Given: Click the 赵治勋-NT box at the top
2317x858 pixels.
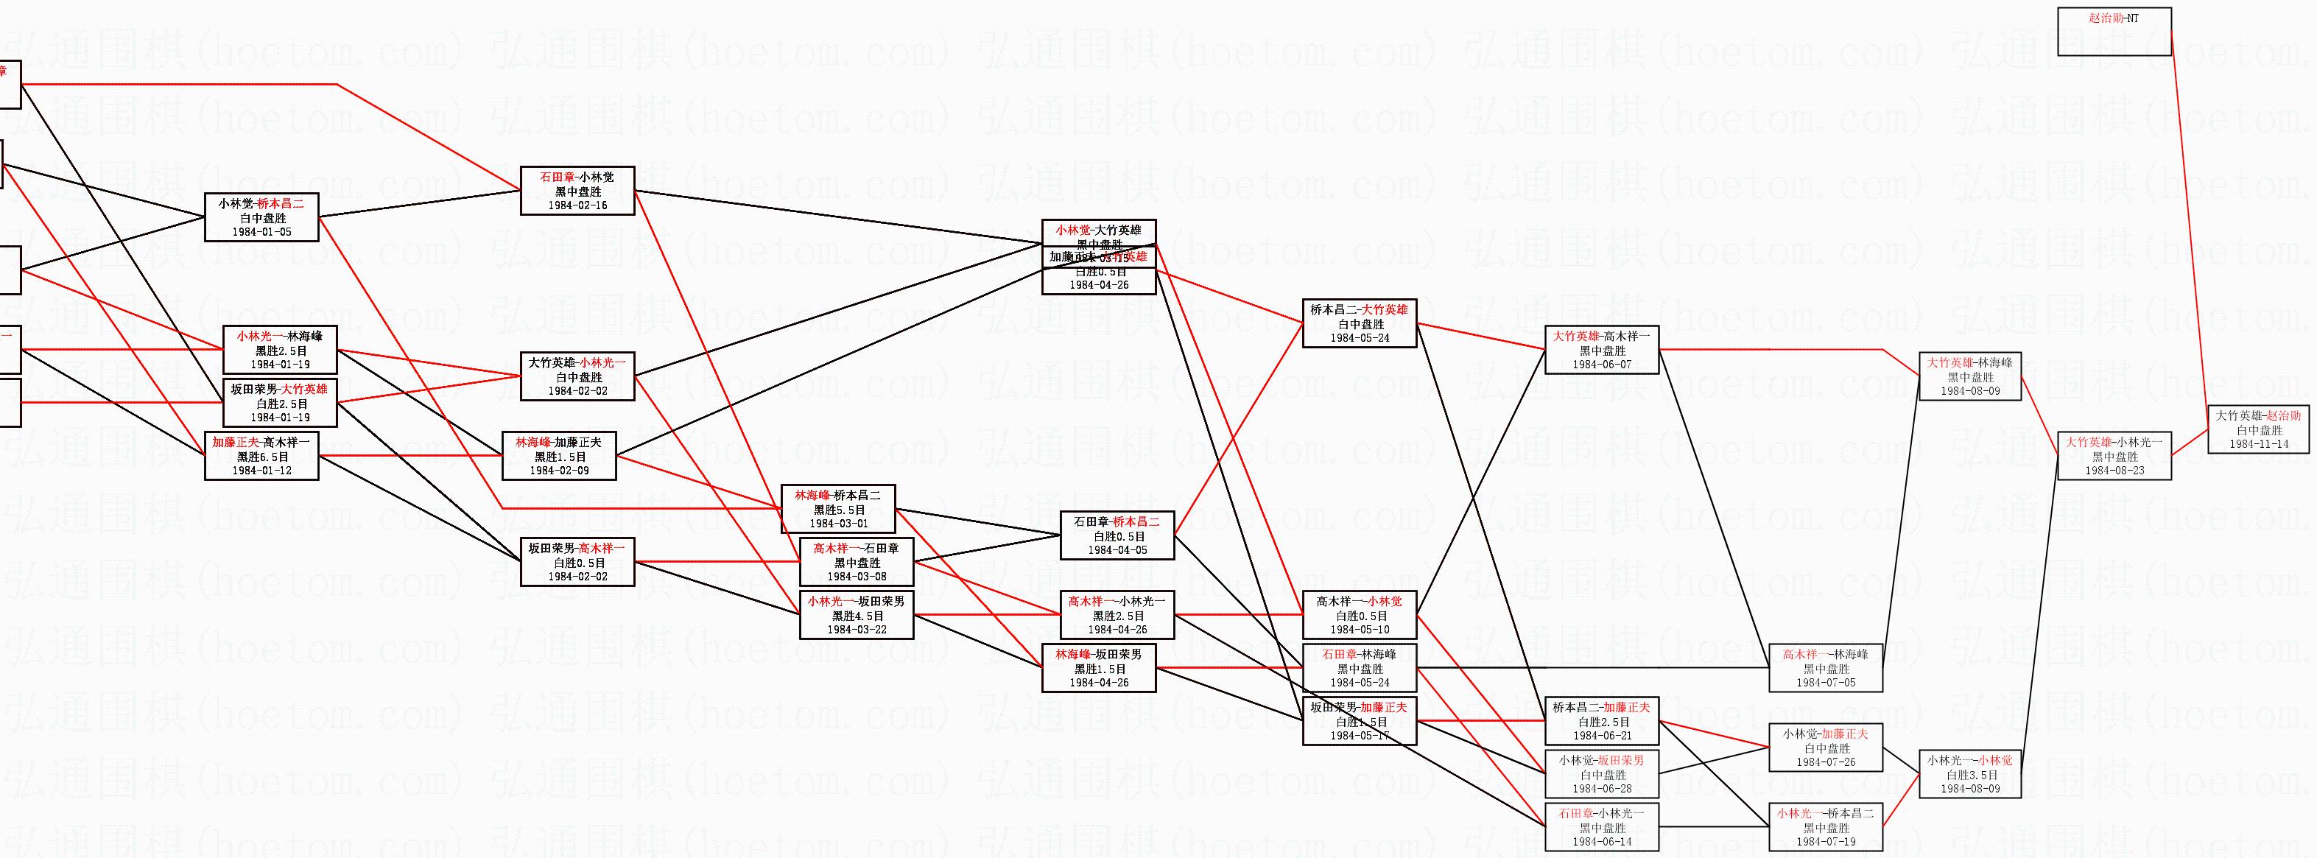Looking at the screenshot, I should coord(2114,32).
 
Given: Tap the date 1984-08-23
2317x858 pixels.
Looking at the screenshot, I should coord(2114,471).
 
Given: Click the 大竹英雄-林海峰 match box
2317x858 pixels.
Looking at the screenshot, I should coord(1970,376).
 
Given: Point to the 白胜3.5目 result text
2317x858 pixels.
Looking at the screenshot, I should coord(1970,774).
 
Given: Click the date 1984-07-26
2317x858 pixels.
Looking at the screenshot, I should coord(1825,762).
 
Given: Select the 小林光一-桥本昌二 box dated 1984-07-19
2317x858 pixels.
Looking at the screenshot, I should coord(1825,826).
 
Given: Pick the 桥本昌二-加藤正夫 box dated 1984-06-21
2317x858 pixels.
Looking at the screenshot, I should coord(1601,721).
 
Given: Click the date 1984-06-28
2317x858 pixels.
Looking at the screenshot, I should coord(1601,789).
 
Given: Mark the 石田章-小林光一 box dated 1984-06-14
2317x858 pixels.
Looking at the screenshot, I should coord(1601,826).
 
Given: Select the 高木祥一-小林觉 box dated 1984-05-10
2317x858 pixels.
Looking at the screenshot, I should coord(1359,615).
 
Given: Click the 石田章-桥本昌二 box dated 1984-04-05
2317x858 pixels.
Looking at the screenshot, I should coord(1117,535).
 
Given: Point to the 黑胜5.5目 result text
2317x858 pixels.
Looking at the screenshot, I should coord(838,509).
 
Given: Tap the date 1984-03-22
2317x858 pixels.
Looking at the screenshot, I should coord(857,630).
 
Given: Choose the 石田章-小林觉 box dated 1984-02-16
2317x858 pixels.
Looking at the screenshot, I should coord(577,191).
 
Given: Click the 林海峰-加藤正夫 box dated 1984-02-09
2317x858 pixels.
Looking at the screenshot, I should coord(558,456).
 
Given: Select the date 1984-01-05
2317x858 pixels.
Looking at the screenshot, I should coord(261,232).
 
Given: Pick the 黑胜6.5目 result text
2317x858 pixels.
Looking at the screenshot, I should coord(261,456).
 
